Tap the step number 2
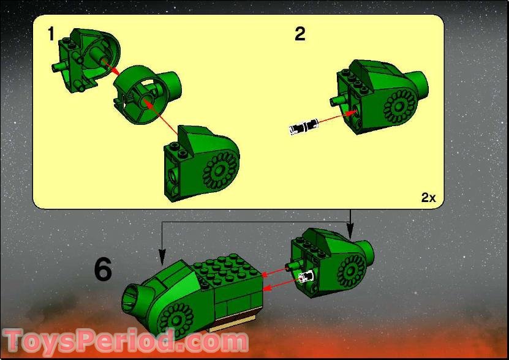[300, 34]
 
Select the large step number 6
[103, 269]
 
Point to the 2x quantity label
[428, 197]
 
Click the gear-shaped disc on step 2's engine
[399, 107]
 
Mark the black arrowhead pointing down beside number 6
[162, 253]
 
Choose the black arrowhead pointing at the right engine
[350, 233]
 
